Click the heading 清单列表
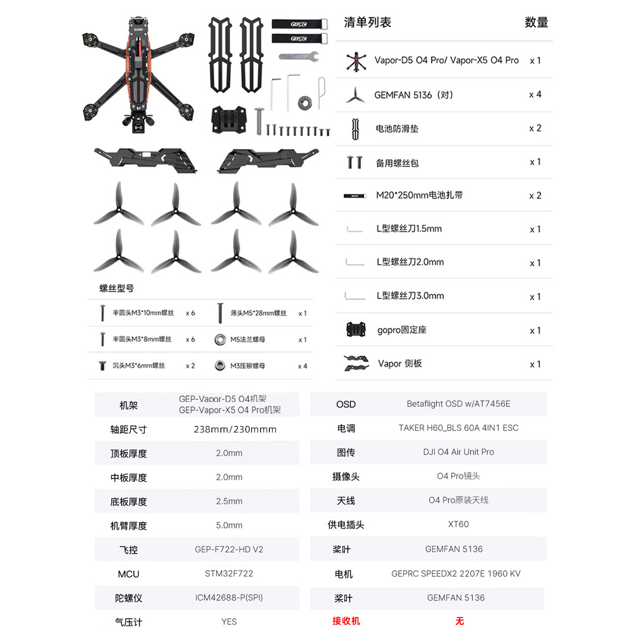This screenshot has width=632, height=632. pos(368,23)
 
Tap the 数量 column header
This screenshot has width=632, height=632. pos(536,23)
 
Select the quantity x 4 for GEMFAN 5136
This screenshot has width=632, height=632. pos(535,95)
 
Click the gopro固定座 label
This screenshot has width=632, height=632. pos(402,330)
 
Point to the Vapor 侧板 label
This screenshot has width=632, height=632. pos(400,363)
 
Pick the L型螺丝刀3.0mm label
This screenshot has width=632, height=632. pos(410,296)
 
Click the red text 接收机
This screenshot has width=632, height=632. pos(346,621)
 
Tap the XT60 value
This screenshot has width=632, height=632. pos(458,525)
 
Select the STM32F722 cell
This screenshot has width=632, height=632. pos(229,574)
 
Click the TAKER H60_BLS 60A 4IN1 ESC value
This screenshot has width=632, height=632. pos(458,428)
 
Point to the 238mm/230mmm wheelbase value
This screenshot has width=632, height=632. pos(235,429)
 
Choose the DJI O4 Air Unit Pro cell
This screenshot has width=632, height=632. pos(458,452)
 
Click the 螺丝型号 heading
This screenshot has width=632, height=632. pos(116,288)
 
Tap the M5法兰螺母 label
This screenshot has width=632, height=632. pos(248,339)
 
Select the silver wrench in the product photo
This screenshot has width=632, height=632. pos(298,57)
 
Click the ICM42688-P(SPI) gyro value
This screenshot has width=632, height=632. pos(229,598)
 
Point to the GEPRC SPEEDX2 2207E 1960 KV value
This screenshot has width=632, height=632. pos(456,574)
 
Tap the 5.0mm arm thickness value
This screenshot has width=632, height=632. pos(229,525)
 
